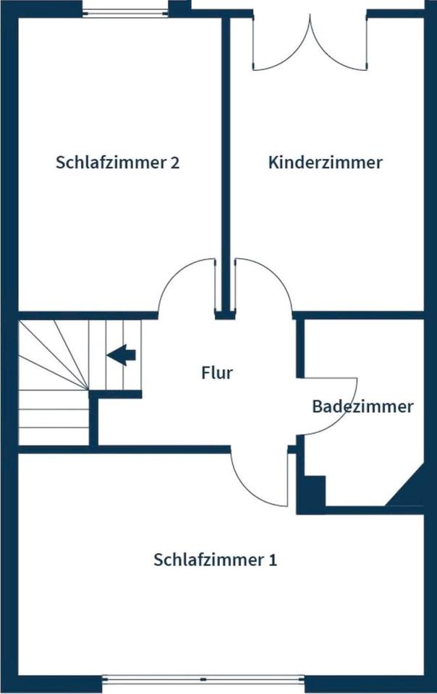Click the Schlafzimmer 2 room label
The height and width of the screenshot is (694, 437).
117,162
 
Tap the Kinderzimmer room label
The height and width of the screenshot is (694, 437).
325,162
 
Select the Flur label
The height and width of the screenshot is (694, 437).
217,373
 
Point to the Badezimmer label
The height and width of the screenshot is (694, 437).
362,406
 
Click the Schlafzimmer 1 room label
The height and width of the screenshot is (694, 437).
215,560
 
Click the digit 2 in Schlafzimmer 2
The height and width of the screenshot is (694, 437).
174,162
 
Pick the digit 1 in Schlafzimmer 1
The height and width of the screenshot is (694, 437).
272,560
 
